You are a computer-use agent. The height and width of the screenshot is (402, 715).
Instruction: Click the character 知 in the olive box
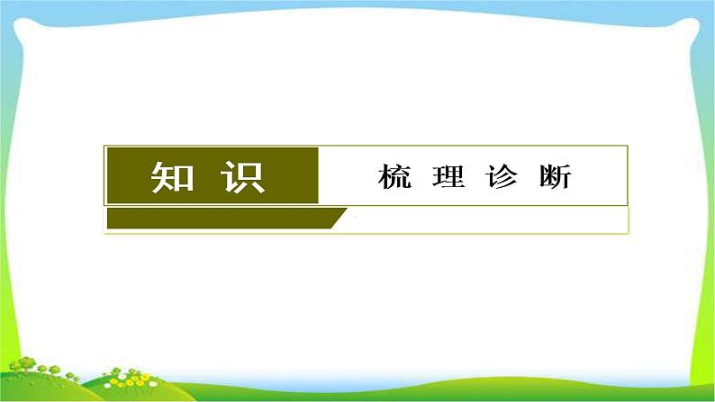[171, 177]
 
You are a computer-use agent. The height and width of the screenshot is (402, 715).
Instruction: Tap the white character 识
[242, 177]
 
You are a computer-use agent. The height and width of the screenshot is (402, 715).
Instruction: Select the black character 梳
[395, 177]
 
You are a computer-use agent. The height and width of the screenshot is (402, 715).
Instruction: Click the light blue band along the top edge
[360, 4]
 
